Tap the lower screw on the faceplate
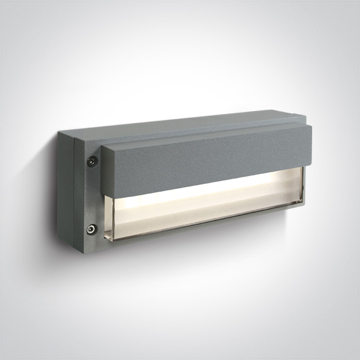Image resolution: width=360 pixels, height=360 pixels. point(92,229)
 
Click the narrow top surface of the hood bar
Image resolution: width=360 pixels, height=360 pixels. point(206,129)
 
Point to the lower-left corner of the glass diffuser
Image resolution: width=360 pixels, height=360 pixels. point(106,239)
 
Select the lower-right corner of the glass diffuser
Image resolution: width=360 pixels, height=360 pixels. point(302,204)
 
